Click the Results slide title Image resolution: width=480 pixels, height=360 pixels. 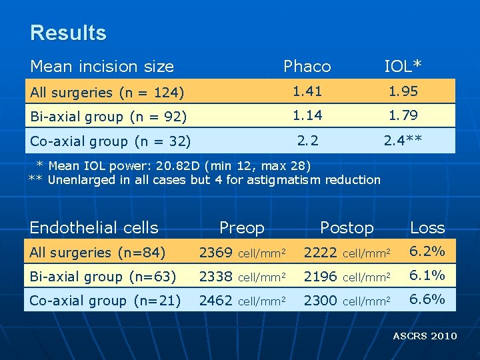pos(68,33)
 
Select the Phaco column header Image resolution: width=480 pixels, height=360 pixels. pos(307,66)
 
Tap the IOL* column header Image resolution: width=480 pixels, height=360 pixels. pos(403,66)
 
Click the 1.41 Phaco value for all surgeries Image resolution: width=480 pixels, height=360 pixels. pos(307,91)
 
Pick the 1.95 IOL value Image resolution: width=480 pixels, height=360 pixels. pos(403,91)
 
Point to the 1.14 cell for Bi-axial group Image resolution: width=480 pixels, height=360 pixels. pos(307,115)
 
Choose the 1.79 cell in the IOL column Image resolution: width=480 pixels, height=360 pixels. pos(403,115)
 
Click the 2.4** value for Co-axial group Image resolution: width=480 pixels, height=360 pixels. pos(402,140)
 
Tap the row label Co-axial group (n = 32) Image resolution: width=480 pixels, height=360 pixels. pos(111,141)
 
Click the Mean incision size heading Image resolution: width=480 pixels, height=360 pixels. pos(102,66)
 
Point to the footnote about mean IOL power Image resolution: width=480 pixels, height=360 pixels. pos(173,165)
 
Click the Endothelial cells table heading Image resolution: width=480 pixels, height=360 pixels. pos(94,227)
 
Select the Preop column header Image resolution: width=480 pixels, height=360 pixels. pos(241,227)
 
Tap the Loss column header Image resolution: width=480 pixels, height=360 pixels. pos(427,227)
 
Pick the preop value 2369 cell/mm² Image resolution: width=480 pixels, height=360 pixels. pos(243,252)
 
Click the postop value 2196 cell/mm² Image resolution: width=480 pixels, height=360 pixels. pos(347,276)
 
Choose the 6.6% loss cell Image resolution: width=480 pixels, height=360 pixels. pos(427,300)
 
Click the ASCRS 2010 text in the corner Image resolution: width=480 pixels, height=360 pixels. pos(425,336)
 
